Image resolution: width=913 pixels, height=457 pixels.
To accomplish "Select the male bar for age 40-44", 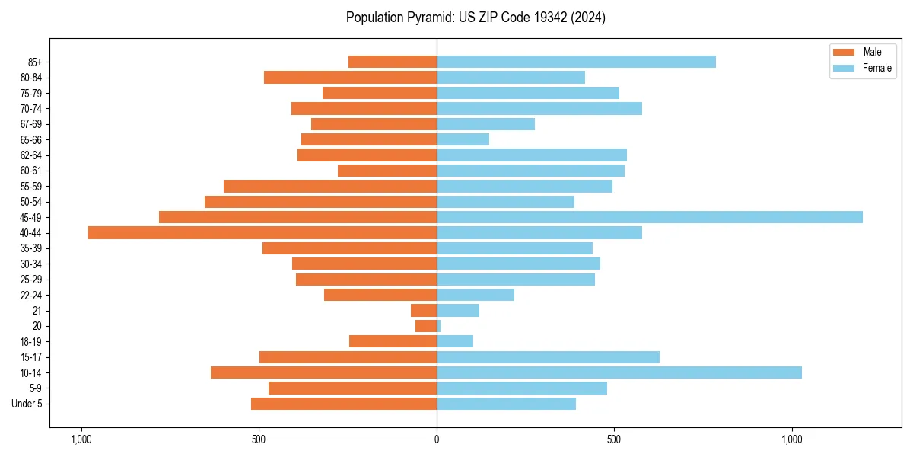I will [262, 233].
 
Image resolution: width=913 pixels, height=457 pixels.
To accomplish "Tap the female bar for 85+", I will [576, 62].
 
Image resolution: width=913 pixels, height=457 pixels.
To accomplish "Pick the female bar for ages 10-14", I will [619, 372].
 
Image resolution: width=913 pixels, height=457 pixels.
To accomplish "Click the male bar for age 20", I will [426, 326].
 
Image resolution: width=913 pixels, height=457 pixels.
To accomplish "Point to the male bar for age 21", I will [424, 311].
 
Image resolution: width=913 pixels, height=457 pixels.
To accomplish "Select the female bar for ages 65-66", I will [463, 139].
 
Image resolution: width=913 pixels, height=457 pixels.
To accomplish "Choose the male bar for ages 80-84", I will [350, 78].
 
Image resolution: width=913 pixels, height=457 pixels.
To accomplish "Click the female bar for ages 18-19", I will [455, 341].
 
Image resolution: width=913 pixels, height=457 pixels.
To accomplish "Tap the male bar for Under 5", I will [344, 404].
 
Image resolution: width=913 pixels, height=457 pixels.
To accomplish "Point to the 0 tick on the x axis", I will [437, 439].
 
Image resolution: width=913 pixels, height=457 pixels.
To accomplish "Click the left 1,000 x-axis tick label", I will [81, 439].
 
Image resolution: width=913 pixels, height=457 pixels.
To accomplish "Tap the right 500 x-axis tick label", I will [614, 439].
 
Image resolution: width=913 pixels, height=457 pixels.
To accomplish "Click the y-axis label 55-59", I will [31, 187].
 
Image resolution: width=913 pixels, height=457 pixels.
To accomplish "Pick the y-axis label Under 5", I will [27, 404].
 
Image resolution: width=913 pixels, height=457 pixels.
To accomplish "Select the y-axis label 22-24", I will [31, 296].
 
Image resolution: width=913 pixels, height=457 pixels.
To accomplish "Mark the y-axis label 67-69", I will [31, 124].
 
